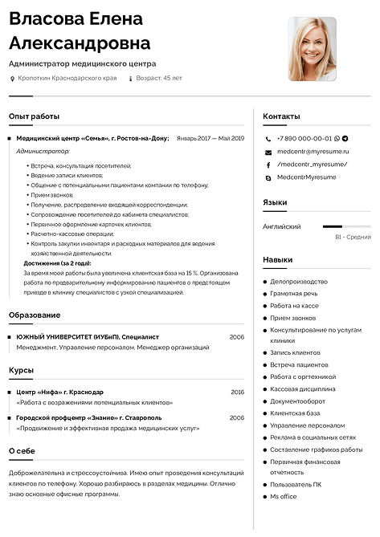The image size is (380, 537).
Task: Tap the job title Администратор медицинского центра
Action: pyautogui.click(x=83, y=63)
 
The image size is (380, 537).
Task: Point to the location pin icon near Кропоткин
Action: pyautogui.click(x=11, y=79)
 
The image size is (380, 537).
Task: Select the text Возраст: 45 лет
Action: pyautogui.click(x=159, y=79)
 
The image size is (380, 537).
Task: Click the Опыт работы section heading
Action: pyautogui.click(x=34, y=116)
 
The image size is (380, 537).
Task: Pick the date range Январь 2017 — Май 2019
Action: pyautogui.click(x=210, y=138)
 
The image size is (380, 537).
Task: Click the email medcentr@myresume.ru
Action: pyautogui.click(x=313, y=151)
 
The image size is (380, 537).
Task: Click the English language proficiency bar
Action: pyautogui.click(x=345, y=226)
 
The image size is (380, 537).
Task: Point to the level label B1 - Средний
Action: pyautogui.click(x=353, y=237)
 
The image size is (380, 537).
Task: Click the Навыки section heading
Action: pyautogui.click(x=277, y=260)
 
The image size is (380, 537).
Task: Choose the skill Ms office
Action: pyautogui.click(x=283, y=496)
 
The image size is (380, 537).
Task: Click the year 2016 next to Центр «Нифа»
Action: pyautogui.click(x=237, y=392)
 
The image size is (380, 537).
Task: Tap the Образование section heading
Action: pyautogui.click(x=35, y=315)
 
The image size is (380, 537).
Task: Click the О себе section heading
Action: pyautogui.click(x=22, y=451)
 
